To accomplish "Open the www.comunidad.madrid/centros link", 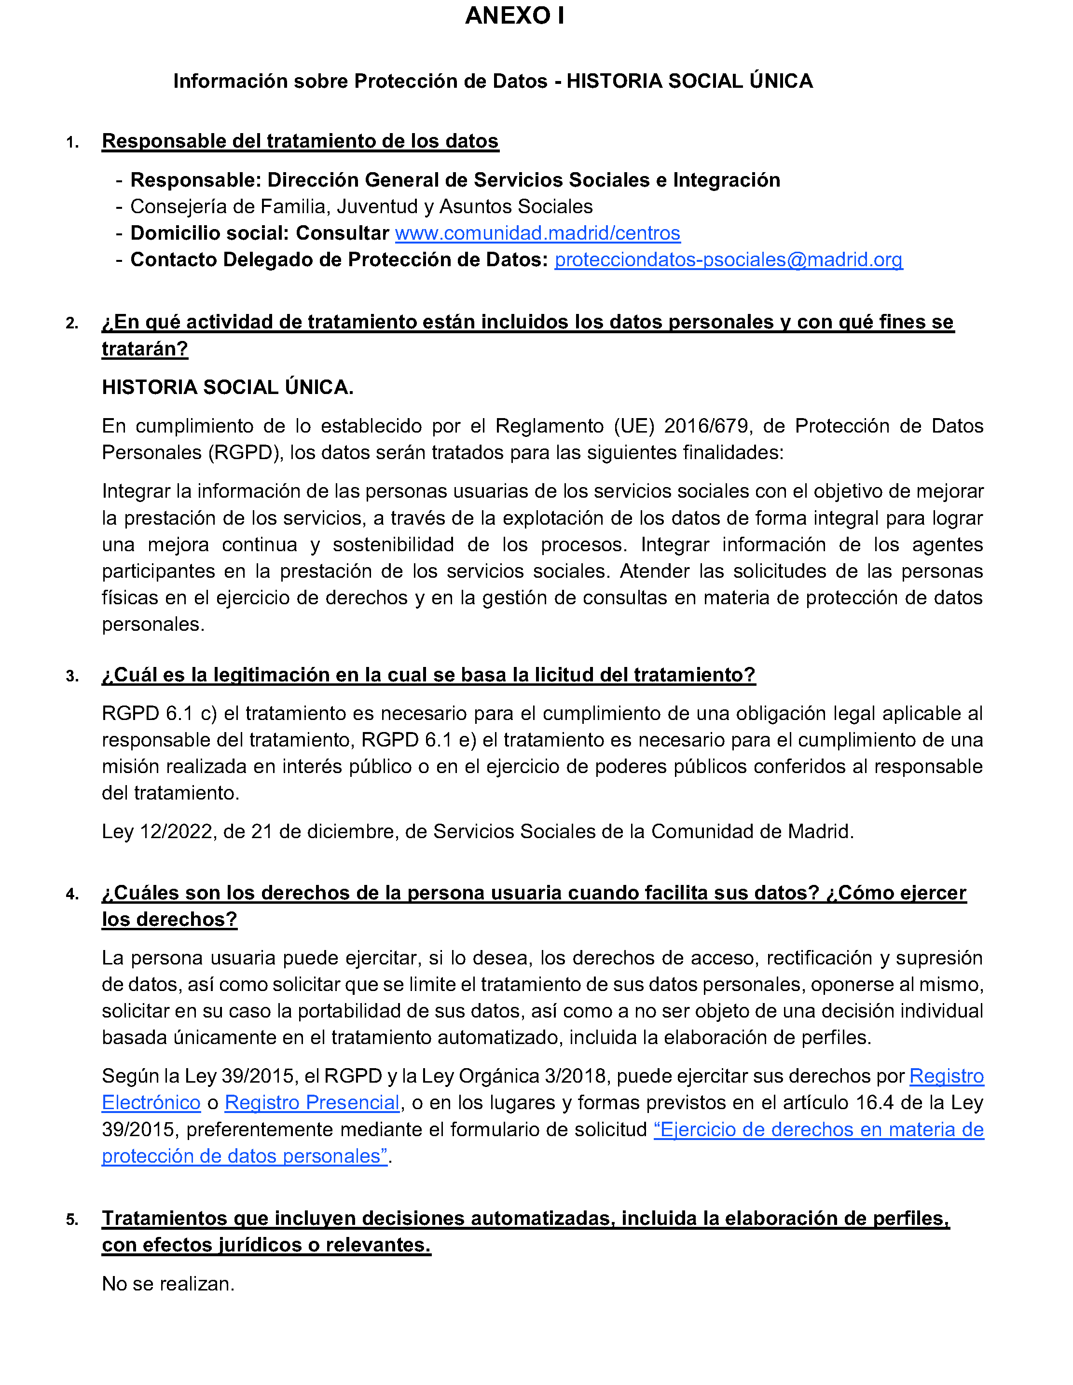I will (x=537, y=233).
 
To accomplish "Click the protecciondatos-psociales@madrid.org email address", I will (x=728, y=260).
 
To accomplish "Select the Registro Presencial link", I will (x=312, y=1103).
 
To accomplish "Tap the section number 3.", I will (x=72, y=677).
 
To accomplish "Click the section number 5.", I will (x=72, y=1220).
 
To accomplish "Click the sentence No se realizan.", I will (x=168, y=1284).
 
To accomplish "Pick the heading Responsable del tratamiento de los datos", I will (x=300, y=141).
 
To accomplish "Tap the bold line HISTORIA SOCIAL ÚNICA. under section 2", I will (x=228, y=387).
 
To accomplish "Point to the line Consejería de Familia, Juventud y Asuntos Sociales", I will (x=361, y=207).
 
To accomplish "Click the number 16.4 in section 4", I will (x=874, y=1103).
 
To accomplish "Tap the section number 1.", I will (x=72, y=143).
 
